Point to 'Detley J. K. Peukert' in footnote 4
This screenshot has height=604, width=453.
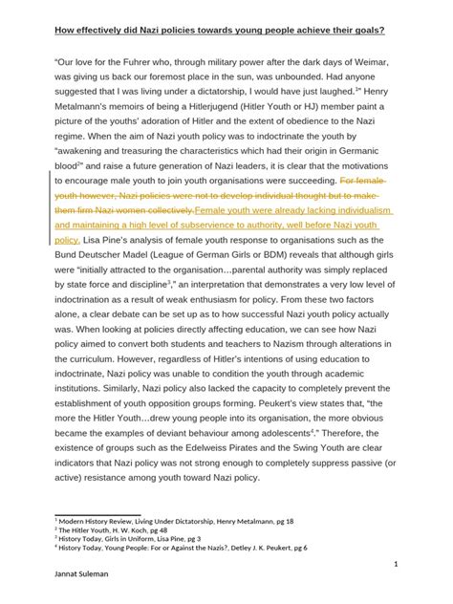252,547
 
